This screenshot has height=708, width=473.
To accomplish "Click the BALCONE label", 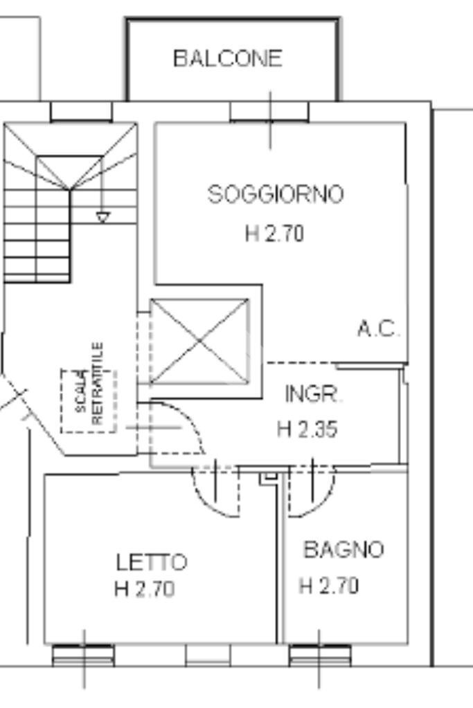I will coord(228,58).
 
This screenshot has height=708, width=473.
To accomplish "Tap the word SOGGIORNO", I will coord(276,194).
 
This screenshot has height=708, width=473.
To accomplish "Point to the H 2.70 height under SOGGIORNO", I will coord(274,234).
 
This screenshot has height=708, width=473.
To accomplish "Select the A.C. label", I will coord(378,329).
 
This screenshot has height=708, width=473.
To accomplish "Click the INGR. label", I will coord(313,395).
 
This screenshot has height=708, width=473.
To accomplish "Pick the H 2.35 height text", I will coord(307,429).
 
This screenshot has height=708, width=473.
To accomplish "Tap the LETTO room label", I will coord(151,561).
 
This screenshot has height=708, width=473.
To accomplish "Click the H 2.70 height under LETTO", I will coord(144,589).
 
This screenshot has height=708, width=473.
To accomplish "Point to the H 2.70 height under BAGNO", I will coord(329,586).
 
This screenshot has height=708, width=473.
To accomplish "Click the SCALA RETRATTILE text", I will coord(90,400).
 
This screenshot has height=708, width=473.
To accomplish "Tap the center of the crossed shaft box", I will coord(199,341).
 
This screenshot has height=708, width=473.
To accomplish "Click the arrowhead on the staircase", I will coord(102,218).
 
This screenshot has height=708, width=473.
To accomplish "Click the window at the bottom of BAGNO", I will coord(319,653).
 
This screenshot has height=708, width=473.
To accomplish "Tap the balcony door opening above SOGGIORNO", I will coord(269,111).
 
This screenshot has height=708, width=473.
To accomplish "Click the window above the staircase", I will coord(81,111).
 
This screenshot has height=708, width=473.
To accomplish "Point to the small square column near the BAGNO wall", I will coord(269,476).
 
